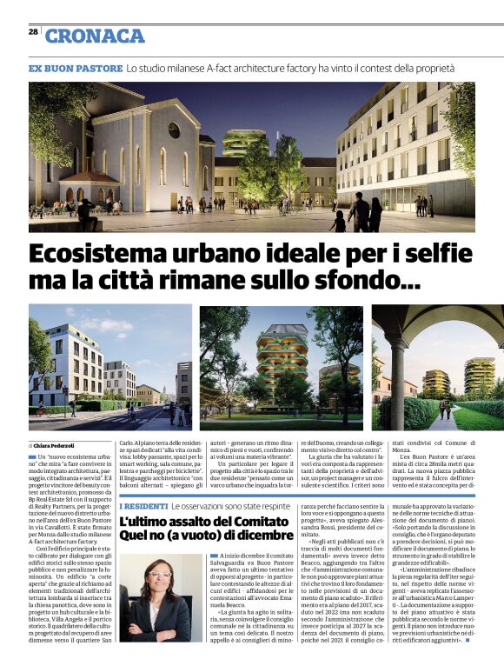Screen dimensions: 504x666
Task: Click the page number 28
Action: point(32,31)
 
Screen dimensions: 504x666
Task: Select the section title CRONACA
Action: point(95,36)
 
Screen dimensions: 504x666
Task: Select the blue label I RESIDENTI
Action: point(143,505)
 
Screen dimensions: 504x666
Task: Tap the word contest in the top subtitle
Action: point(364,68)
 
